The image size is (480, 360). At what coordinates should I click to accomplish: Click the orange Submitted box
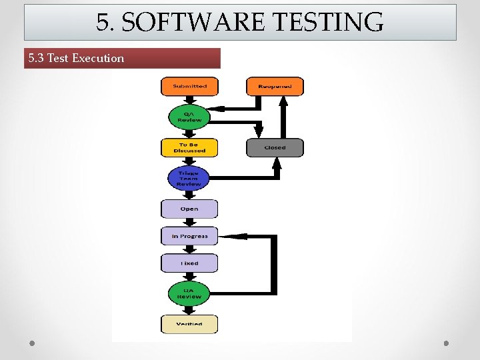click(x=189, y=87)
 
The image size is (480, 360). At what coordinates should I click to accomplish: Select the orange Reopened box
click(x=275, y=87)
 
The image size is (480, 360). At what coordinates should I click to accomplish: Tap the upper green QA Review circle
click(x=189, y=117)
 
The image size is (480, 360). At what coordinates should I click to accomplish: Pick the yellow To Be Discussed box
click(x=189, y=147)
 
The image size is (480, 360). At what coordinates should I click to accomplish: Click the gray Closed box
click(x=275, y=147)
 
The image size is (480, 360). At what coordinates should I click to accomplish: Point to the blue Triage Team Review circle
click(x=189, y=178)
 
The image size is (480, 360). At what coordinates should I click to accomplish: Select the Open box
click(x=189, y=209)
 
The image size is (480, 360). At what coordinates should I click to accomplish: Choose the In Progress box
click(x=189, y=236)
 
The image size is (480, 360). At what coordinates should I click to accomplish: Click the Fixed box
click(x=189, y=263)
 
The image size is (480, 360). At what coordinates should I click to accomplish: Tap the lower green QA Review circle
click(x=189, y=293)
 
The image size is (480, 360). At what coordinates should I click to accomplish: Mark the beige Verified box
click(x=189, y=324)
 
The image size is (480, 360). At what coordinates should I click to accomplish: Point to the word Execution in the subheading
click(x=98, y=58)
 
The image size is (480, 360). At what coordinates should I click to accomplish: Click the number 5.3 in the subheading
click(x=36, y=58)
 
